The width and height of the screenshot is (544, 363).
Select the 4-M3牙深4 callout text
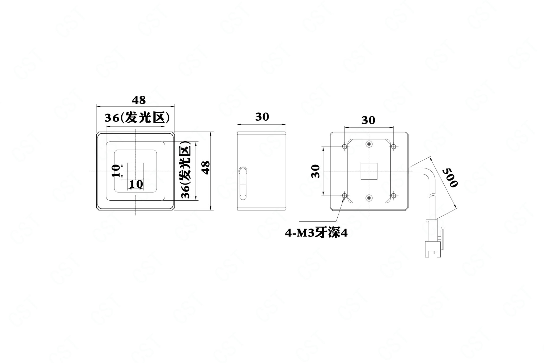point(316,233)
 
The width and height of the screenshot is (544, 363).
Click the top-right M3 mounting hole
point(394,146)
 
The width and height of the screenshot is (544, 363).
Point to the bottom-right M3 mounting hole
point(394,196)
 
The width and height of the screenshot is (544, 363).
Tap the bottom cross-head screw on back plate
point(369,198)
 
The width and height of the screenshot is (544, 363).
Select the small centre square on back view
point(369,171)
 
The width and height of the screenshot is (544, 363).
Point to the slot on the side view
point(243,183)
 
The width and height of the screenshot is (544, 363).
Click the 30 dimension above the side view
point(262,117)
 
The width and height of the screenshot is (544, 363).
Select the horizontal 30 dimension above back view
point(368,120)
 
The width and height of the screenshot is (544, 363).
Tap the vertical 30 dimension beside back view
point(315,171)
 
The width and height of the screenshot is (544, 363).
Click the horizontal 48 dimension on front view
point(139,100)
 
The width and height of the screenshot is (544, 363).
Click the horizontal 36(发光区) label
point(137,118)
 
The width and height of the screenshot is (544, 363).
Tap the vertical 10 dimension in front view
point(116,171)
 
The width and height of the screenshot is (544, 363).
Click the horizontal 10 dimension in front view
point(136,184)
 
